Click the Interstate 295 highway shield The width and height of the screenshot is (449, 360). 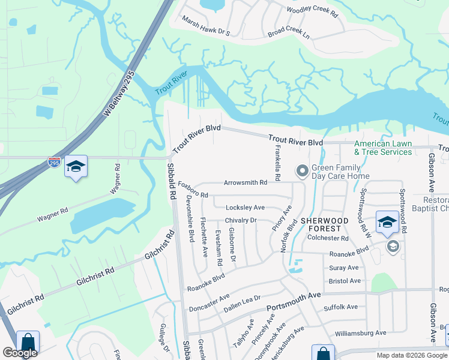(54, 163)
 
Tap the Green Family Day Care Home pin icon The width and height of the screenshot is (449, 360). (303, 172)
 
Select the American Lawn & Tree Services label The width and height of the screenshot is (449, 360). (383, 148)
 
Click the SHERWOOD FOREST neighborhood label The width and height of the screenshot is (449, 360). (324, 224)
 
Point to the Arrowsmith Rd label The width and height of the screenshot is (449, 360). (245, 183)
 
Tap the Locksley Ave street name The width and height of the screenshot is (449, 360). (245, 208)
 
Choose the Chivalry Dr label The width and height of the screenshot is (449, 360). (241, 220)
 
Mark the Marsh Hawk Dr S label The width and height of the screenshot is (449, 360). (206, 26)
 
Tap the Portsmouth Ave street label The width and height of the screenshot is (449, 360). (294, 299)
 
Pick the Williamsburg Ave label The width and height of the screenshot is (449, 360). (361, 333)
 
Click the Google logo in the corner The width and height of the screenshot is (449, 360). (20, 353)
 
